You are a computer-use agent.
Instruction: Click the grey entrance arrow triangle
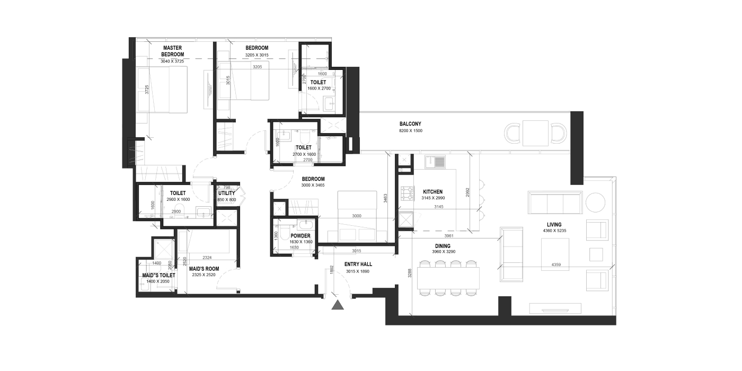tap(338, 305)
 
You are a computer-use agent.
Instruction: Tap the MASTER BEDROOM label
tap(173, 51)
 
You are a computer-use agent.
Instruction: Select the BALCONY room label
tap(410, 124)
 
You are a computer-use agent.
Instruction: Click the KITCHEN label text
tap(432, 192)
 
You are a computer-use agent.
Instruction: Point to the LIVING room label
tap(554, 225)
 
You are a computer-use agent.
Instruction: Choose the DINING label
tap(443, 246)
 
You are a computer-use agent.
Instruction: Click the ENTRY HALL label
tap(358, 264)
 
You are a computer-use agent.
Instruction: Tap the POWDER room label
tap(301, 236)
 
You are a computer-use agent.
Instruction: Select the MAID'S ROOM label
tap(204, 269)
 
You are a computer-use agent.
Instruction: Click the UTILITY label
tap(227, 193)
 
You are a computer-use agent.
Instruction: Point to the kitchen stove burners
tap(407, 193)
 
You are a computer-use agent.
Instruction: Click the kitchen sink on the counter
tap(435, 162)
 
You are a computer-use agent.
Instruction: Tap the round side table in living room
tap(595, 202)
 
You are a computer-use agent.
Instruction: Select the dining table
tap(448, 278)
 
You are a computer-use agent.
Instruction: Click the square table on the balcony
tap(535, 133)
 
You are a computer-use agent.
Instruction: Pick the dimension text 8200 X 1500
tap(410, 131)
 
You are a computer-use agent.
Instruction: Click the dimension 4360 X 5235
tap(554, 231)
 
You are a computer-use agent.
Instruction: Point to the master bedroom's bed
tap(162, 90)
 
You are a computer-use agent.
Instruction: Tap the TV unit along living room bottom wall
tap(555, 308)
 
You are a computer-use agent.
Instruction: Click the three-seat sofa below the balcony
tap(555, 202)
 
